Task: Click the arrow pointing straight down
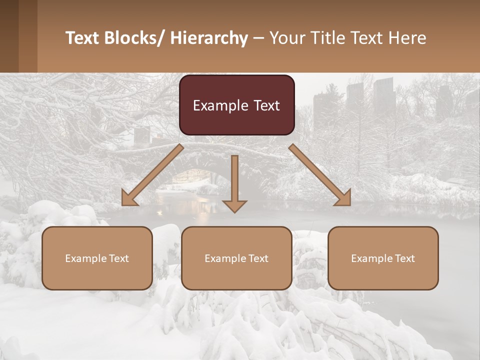point(234,183)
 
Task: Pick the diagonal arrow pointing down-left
point(152,175)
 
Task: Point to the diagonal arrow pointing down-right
point(320,175)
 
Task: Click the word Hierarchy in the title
point(209,38)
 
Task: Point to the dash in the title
point(258,39)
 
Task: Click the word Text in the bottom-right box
point(403,258)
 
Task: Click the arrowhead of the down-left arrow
point(128,198)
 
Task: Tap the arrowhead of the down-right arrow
point(343,198)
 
